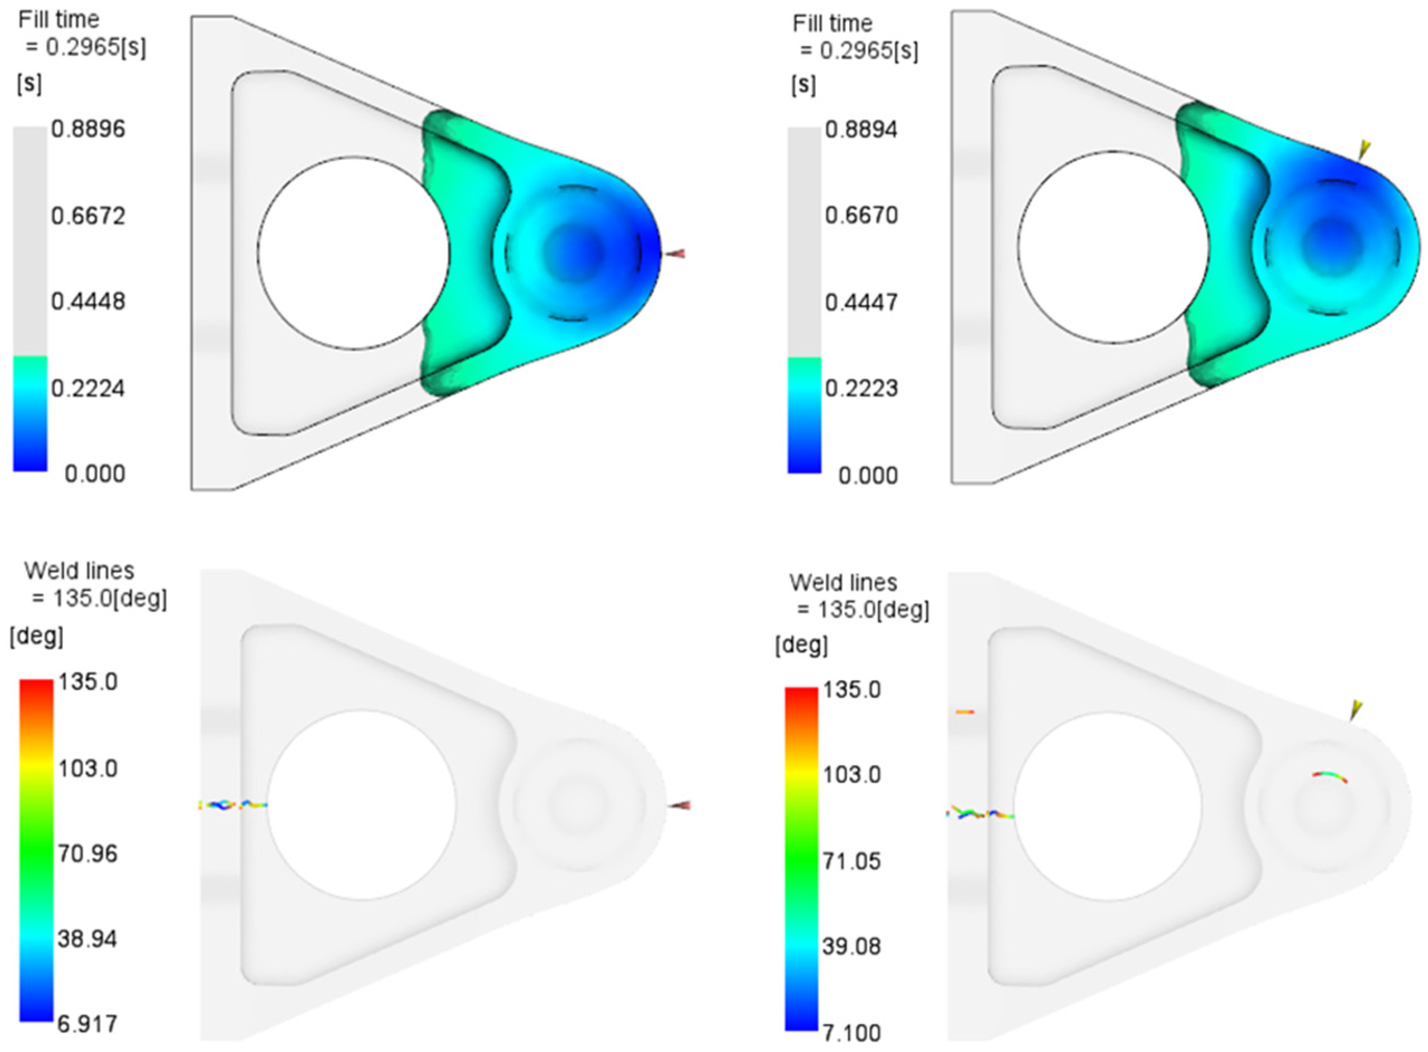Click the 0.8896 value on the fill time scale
pos(88,129)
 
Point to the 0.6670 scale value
pos(861,215)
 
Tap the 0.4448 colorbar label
pos(88,301)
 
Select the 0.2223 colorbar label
pos(861,388)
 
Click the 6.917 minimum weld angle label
pos(88,1024)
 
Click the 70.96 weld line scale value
pos(88,854)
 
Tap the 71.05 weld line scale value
pos(852,861)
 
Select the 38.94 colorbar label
pos(88,939)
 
